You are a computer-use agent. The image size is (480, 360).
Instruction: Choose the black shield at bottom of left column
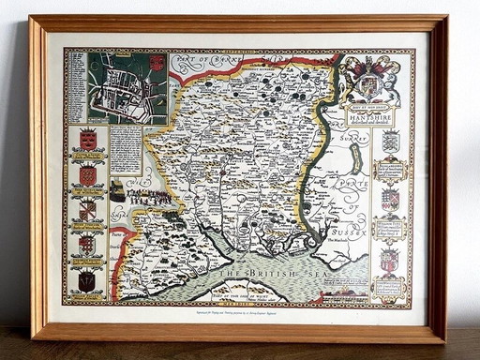(86, 279)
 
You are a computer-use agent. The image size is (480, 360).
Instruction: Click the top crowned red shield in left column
(87, 140)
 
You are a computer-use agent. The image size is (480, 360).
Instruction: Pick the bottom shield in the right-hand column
(389, 260)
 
